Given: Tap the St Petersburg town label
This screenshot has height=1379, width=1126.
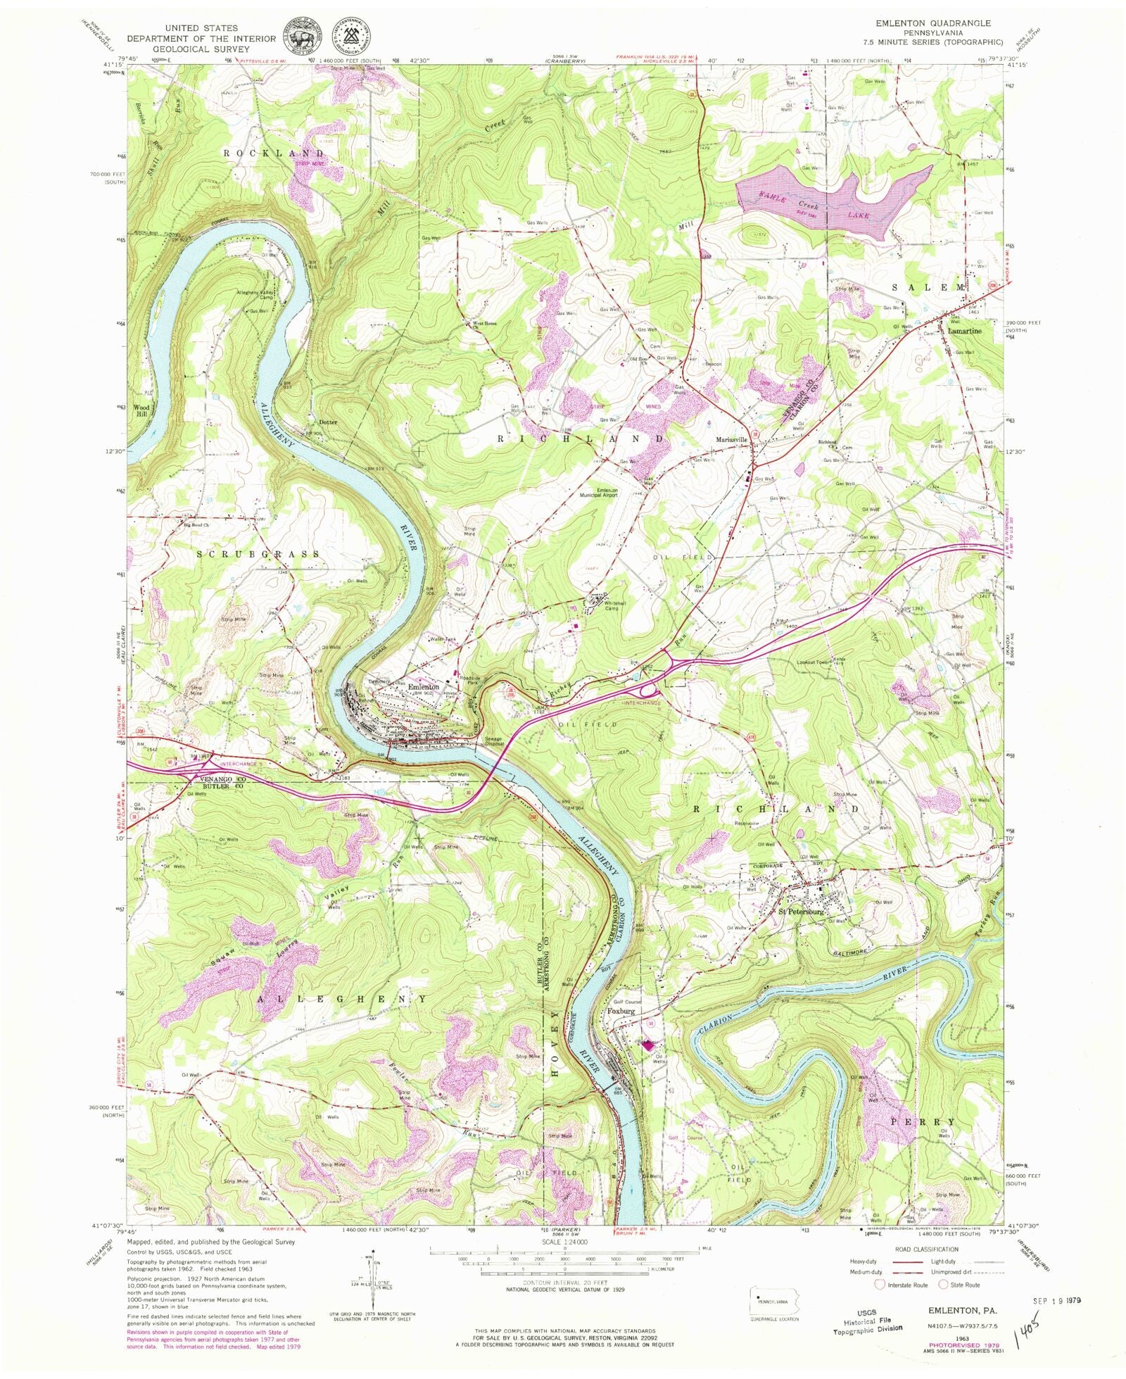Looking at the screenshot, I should tap(800, 912).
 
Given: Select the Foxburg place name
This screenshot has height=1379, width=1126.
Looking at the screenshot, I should tap(621, 1011).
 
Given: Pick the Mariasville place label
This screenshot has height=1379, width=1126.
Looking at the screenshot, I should tap(731, 439).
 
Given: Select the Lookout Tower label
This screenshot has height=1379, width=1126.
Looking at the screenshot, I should tap(814, 662).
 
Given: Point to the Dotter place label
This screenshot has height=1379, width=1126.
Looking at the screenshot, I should tap(328, 422).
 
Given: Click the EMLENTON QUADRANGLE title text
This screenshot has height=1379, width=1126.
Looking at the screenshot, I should tap(932, 23).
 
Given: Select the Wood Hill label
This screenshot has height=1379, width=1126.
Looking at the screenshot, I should tap(142, 410).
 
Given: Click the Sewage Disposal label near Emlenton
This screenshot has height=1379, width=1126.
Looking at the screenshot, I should tap(497, 742).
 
